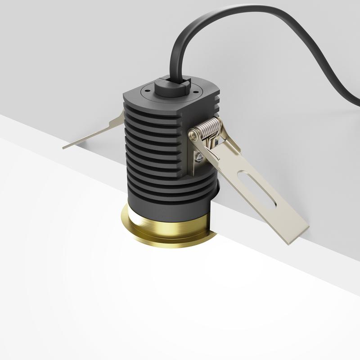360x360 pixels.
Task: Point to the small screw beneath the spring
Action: (x=198, y=157)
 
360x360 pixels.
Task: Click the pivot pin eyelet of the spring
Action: (x=193, y=134)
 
